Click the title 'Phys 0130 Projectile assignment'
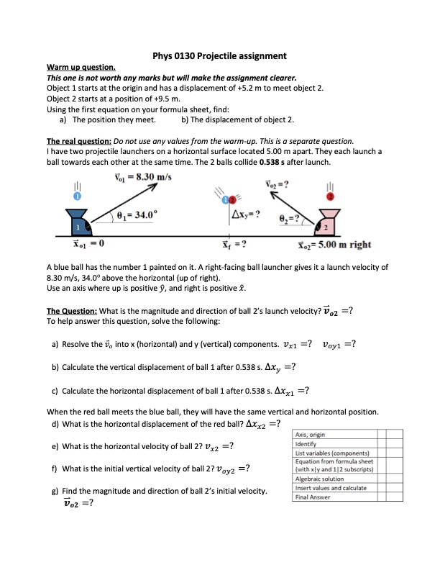[x=220, y=55]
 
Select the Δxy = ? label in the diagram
[x=247, y=215]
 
